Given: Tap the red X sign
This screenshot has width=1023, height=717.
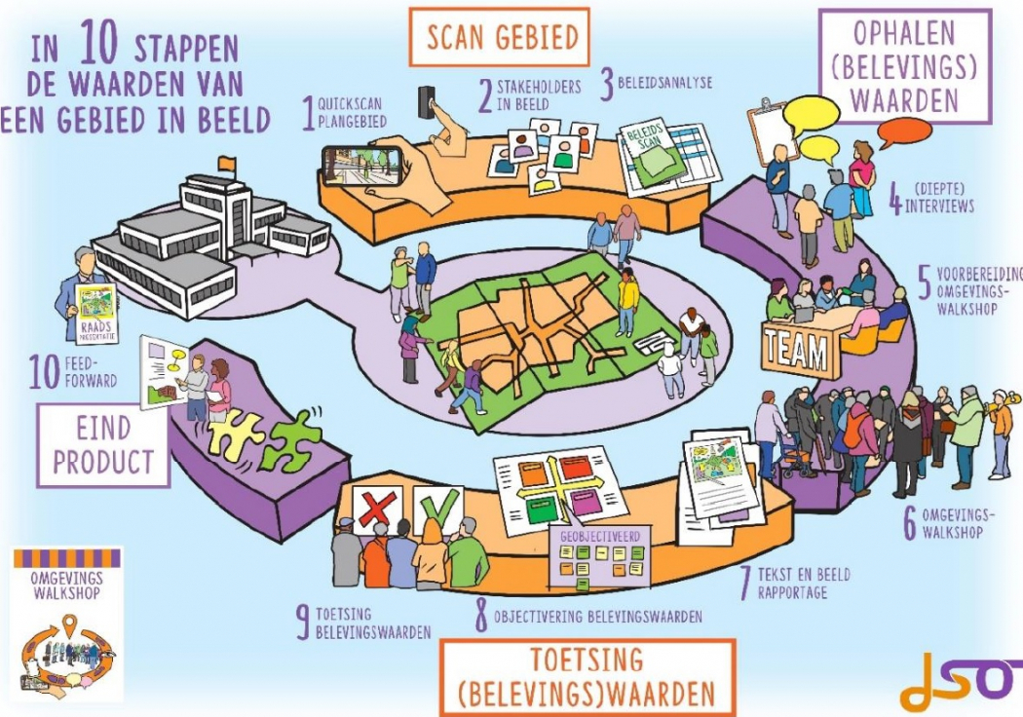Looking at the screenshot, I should tap(374, 509).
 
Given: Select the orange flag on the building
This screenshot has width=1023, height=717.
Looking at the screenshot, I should tap(227, 162).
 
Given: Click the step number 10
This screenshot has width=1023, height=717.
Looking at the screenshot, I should tap(43, 374).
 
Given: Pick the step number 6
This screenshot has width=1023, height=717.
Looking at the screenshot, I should tap(910, 524).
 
